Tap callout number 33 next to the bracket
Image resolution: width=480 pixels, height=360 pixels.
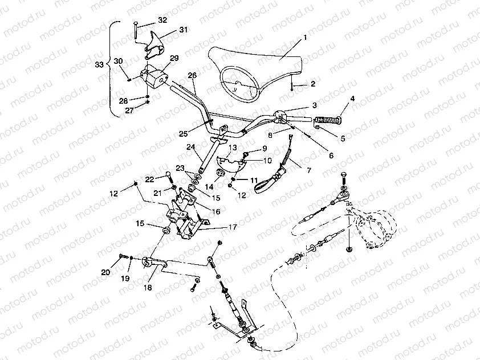(99, 65)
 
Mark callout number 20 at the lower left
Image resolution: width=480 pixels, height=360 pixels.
(105, 272)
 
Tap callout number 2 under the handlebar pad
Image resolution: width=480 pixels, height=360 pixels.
(312, 84)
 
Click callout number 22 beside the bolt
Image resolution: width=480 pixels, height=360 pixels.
(150, 179)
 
